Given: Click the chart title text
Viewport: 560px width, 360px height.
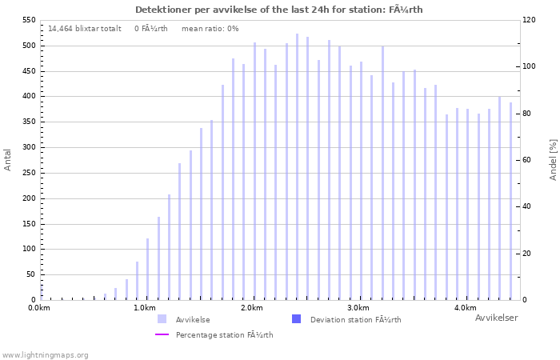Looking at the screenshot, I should click(279, 10).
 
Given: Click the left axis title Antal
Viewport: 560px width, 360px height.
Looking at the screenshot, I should click(8, 159).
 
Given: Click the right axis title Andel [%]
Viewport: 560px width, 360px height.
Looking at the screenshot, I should click(553, 159).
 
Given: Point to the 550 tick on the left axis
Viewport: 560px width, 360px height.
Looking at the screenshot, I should click(27, 20).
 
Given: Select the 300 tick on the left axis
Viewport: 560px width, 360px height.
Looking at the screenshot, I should click(27, 147).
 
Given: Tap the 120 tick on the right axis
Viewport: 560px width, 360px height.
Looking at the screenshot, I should click(529, 20).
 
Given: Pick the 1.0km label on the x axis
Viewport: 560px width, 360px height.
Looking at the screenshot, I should click(145, 308).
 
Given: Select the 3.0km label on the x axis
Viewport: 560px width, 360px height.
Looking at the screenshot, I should click(358, 308).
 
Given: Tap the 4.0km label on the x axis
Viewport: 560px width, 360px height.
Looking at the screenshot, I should click(465, 308).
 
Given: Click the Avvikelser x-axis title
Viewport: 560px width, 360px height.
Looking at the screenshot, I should click(496, 318).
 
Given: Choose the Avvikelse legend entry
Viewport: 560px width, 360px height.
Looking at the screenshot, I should click(192, 319).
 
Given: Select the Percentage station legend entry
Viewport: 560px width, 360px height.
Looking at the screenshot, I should click(224, 334).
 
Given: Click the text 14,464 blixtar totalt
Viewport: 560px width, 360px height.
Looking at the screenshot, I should click(85, 28).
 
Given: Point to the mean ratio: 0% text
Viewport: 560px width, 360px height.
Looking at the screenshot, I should click(210, 28).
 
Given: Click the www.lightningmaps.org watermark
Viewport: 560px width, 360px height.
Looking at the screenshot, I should click(45, 354).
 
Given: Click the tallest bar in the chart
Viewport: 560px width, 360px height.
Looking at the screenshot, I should click(297, 166).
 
